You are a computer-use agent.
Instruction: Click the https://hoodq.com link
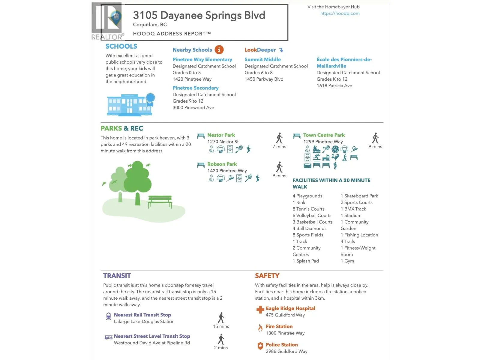coord(340,13)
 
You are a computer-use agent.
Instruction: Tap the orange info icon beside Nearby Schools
coord(219,50)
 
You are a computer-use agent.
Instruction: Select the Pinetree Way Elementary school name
coord(202,59)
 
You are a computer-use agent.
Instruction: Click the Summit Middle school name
coord(262,59)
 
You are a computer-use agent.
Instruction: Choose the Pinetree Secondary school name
coord(195,88)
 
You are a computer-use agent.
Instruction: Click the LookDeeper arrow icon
coord(281,50)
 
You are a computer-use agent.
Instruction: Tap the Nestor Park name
coord(221,135)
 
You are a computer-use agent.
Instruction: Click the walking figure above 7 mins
coord(279,138)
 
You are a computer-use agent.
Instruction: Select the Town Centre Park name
coord(324,135)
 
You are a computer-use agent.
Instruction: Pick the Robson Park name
coord(222,164)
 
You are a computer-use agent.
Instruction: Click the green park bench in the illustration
coord(160,201)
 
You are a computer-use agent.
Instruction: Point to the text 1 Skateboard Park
coord(359,196)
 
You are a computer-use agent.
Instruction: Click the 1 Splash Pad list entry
coord(306,261)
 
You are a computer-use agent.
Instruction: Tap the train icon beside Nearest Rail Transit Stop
coord(109,316)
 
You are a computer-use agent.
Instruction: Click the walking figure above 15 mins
coord(221,318)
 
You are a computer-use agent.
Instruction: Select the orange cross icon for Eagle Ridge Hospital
coord(260,310)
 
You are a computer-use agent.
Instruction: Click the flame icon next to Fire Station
coord(260,328)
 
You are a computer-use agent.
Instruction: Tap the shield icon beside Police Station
coord(260,346)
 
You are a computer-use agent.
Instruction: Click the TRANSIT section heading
coord(117,276)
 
